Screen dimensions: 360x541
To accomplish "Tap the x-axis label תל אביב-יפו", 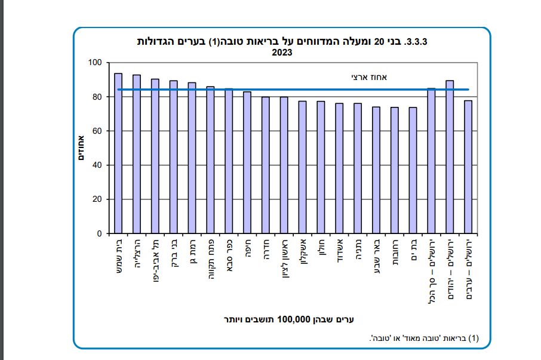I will [155, 257].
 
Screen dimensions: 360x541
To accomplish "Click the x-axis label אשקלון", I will [302, 253].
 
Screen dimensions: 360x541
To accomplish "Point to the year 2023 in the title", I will [282, 53].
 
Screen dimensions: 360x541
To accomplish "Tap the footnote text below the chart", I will [425, 339].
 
